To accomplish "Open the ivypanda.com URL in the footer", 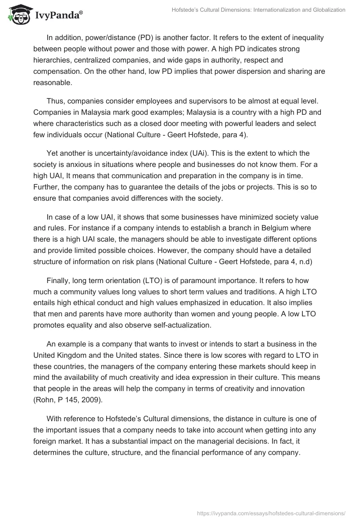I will [x=271, y=513].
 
